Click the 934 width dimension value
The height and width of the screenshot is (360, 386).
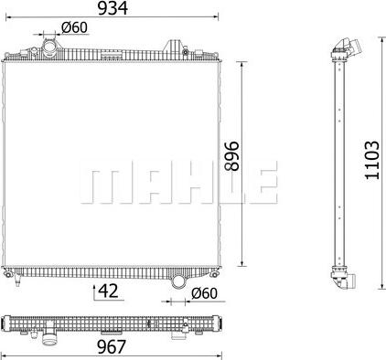(113, 8)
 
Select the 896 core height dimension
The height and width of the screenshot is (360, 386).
(231, 155)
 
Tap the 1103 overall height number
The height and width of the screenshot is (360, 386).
(372, 160)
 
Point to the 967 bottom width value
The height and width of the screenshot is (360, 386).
(112, 347)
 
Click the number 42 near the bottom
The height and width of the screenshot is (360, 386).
(108, 291)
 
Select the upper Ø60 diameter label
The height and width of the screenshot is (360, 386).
(74, 27)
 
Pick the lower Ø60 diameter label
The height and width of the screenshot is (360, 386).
(205, 293)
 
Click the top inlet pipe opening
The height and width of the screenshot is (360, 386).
(49, 48)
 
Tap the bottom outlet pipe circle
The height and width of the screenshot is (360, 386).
(178, 281)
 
